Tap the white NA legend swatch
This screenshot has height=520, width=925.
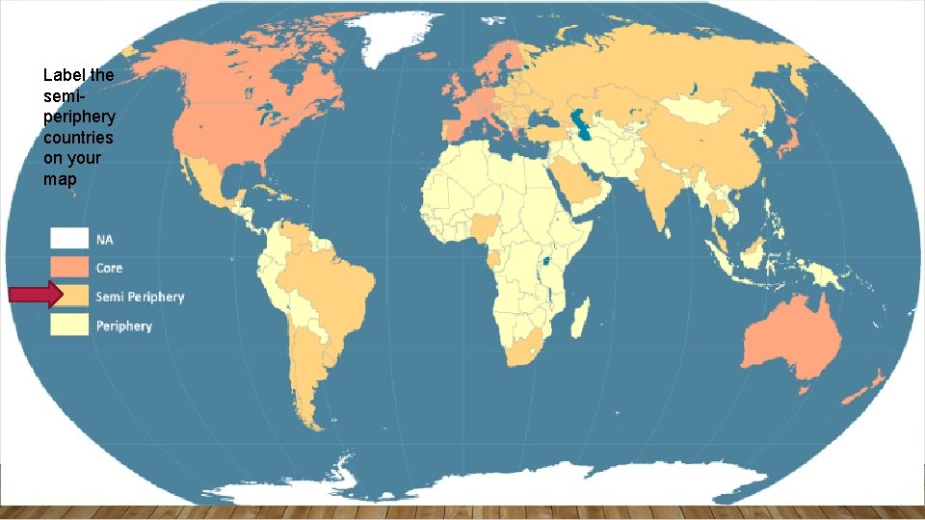pyautogui.click(x=69, y=239)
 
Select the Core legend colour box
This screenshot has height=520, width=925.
pyautogui.click(x=69, y=268)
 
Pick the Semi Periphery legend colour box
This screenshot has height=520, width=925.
pyautogui.click(x=69, y=297)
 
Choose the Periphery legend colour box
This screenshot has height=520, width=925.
pyautogui.click(x=69, y=325)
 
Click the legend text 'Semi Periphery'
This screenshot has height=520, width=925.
pyautogui.click(x=140, y=297)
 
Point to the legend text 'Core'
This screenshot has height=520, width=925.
pyautogui.click(x=109, y=268)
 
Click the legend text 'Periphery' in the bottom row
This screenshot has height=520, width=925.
pyautogui.click(x=124, y=326)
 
